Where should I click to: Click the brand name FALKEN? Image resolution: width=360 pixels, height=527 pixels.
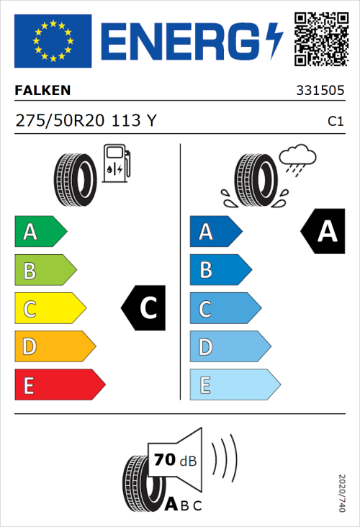42,91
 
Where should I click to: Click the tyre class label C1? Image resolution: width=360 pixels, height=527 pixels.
335,122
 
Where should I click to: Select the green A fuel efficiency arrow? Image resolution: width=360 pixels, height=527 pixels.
40,232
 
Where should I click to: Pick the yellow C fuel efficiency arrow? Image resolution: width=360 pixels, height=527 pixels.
49,309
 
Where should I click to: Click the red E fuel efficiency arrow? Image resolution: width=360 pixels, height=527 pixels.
59,385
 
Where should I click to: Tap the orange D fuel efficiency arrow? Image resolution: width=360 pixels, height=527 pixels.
54,347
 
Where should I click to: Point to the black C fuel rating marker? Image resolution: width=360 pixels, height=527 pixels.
146,309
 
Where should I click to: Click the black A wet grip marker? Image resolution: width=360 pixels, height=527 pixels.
324,232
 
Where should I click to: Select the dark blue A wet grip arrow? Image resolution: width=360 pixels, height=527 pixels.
215,232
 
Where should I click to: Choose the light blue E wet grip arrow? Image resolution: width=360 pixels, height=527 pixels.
234,385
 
